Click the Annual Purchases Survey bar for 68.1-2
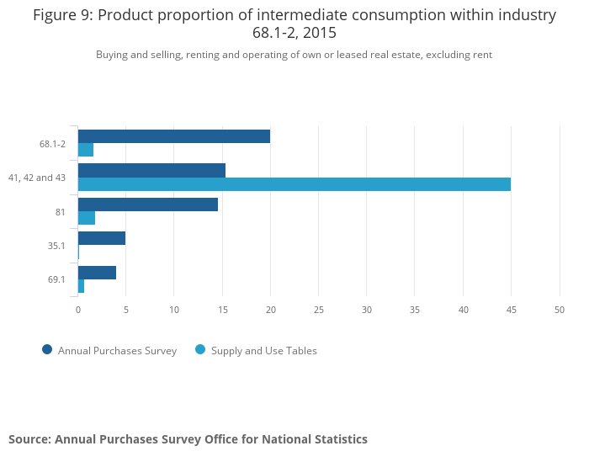(173, 136)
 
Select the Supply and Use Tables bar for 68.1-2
(86, 150)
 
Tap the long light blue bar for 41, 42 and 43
(294, 184)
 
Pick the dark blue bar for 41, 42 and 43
(151, 170)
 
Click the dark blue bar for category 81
(148, 204)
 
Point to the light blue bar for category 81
(87, 218)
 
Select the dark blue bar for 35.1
(102, 238)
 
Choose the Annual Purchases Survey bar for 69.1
(97, 273)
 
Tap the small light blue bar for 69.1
(81, 286)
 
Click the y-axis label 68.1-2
(52, 144)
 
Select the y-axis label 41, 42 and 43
(37, 178)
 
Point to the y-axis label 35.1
(56, 246)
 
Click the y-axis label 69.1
(56, 279)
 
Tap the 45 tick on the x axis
(511, 310)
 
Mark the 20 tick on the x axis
(270, 310)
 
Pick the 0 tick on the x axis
(78, 310)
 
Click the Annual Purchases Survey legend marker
(47, 350)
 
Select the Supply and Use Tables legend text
(263, 351)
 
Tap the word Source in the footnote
(29, 439)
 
